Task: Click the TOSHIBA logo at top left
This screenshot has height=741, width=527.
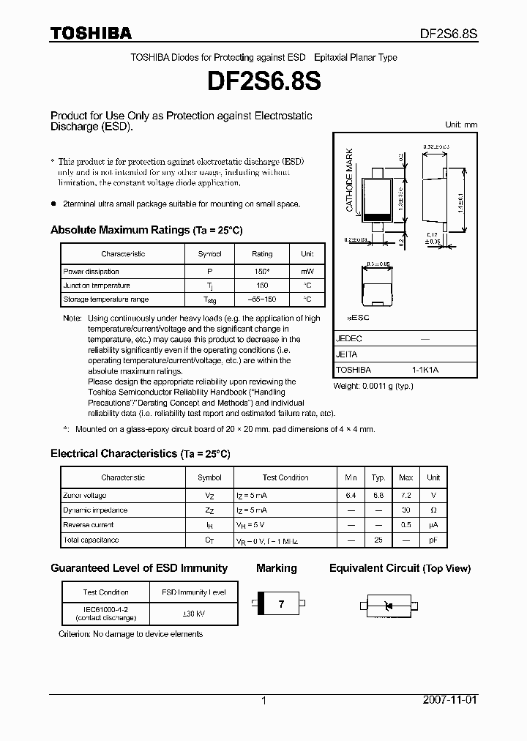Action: tap(91, 33)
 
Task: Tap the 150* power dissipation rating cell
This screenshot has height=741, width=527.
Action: tap(261, 271)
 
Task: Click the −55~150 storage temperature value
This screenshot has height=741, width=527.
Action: tap(261, 299)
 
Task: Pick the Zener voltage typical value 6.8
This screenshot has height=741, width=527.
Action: tap(378, 496)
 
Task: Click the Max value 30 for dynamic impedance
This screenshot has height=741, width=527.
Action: tap(405, 510)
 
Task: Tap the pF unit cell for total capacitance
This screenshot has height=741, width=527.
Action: tap(433, 540)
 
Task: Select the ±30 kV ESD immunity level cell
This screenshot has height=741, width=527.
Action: tap(193, 613)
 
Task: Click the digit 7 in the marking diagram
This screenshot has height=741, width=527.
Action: tap(281, 604)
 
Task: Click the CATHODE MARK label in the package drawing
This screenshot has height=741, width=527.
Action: tap(350, 180)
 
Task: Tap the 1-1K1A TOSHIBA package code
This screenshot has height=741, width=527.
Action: tap(425, 370)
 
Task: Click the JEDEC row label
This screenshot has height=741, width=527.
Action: tap(349, 339)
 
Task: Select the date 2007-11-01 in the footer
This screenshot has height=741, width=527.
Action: tap(449, 700)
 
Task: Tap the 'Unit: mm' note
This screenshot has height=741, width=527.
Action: tap(461, 124)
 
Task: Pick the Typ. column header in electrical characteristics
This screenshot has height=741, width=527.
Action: tap(378, 477)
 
